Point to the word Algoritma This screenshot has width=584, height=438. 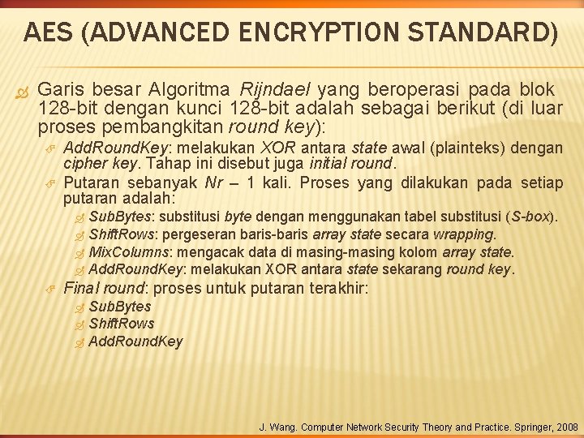click(192, 89)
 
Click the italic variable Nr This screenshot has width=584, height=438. click(214, 182)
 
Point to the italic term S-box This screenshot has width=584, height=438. click(530, 217)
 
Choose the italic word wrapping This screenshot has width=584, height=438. click(465, 234)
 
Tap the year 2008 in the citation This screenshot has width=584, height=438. click(565, 427)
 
